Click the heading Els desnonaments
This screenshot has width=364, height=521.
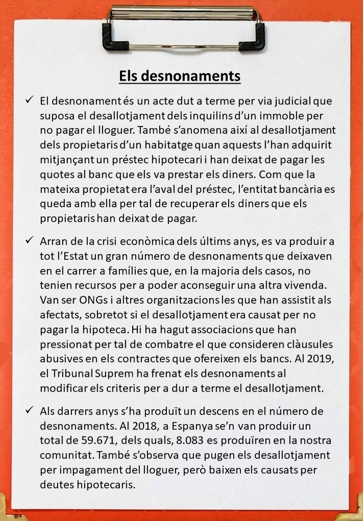point(180,76)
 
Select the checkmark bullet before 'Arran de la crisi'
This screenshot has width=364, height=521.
point(29,239)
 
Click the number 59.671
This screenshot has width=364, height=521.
point(108,440)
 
